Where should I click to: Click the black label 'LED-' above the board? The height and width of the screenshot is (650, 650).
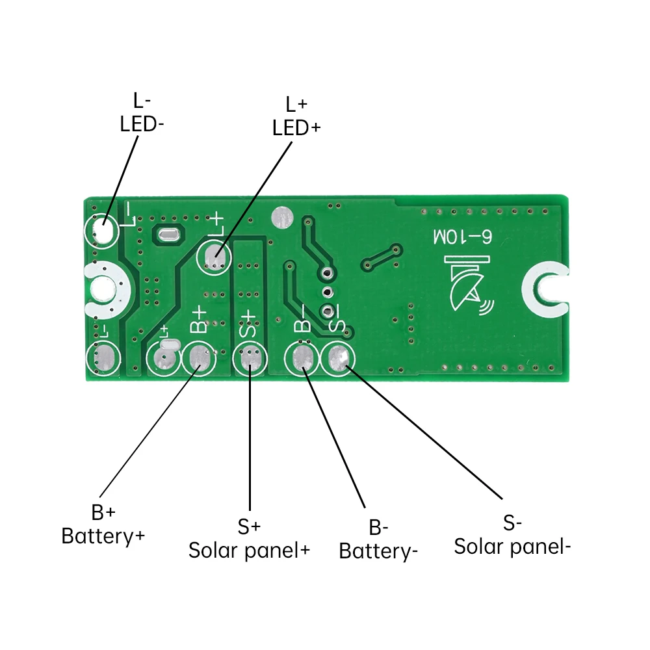[142, 124]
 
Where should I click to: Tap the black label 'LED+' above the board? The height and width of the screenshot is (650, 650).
[296, 128]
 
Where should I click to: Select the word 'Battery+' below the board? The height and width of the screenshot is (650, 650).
[103, 536]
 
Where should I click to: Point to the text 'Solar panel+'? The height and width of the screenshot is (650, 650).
[249, 550]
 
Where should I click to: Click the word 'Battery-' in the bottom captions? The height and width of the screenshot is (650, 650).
[378, 551]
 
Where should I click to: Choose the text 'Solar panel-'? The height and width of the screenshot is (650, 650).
[512, 546]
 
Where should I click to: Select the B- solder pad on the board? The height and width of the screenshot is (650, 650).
[302, 358]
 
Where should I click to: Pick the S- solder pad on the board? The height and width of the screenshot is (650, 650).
[338, 357]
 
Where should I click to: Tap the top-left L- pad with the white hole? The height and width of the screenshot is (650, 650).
[101, 229]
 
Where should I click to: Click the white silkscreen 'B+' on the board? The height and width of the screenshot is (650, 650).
[198, 321]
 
